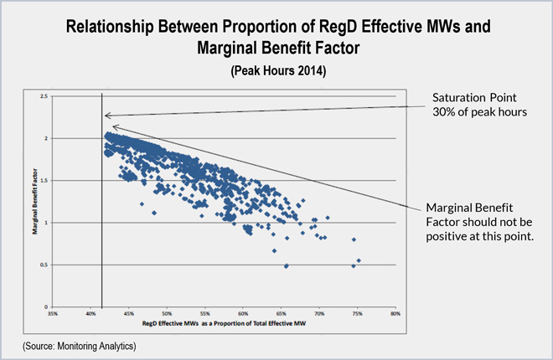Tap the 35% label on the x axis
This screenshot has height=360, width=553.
coord(53,315)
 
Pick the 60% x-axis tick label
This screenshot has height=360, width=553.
coord(243,315)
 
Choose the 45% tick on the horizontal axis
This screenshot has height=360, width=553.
coord(129,315)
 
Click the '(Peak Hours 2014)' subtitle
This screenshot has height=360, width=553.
coord(276,72)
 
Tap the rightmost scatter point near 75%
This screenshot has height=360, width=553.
coord(358,261)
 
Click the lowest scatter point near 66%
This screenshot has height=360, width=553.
coord(287,266)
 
